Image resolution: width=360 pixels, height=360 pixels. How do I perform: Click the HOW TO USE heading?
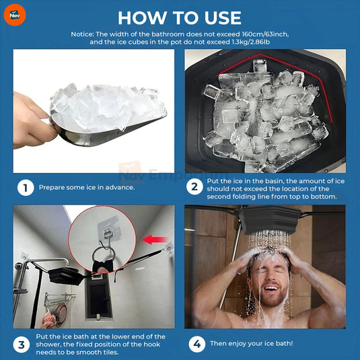[x=180, y=16]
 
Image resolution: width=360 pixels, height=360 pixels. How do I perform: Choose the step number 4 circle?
[x=196, y=345]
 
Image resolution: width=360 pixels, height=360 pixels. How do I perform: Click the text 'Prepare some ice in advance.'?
[x=87, y=188]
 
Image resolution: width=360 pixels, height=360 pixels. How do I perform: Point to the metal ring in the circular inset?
[x=102, y=257]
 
